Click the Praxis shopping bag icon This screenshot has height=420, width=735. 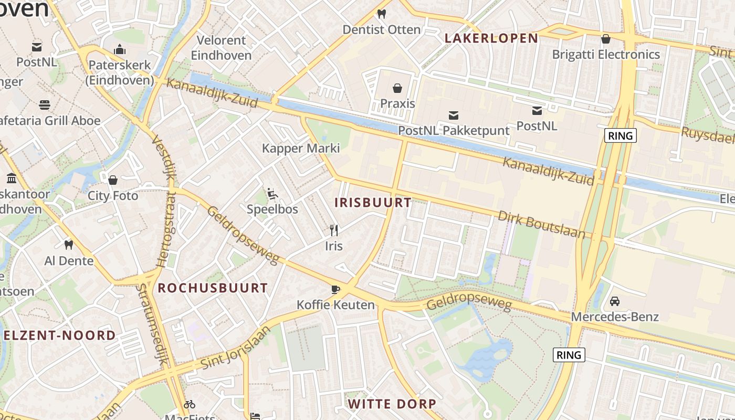click(397, 88)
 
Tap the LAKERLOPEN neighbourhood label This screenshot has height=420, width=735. click(491, 38)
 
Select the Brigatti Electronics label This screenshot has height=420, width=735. click(606, 54)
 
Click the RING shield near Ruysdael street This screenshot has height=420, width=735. click(621, 135)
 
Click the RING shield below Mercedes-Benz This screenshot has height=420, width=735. click(569, 355)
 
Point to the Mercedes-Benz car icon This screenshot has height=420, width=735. click(614, 301)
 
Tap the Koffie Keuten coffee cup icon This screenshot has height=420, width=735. click(335, 289)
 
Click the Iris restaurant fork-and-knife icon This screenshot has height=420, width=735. click(333, 230)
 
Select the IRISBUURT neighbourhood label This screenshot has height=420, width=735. click(373, 203)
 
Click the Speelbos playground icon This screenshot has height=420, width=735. click(272, 194)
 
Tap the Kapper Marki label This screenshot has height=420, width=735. click(301, 148)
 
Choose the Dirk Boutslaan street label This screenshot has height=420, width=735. click(541, 225)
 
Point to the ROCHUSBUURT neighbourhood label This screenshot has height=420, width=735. click(213, 288)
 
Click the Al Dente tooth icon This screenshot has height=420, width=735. click(68, 245)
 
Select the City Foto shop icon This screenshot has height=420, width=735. click(112, 180)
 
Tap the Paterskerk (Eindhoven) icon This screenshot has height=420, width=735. click(120, 50)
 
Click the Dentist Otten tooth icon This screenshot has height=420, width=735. click(382, 14)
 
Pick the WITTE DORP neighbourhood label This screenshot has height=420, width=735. click(392, 404)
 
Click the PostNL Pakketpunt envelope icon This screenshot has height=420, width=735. click(454, 115)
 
